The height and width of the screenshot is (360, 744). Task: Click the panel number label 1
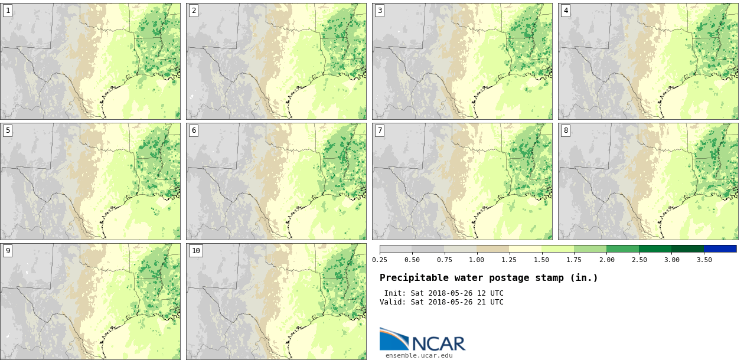coord(8,11)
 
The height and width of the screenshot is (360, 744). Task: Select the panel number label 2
coord(194,11)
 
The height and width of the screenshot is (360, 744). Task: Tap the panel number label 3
coord(380,11)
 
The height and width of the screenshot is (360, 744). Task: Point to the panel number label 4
coord(566,11)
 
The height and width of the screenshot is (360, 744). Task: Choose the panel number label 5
coord(8,130)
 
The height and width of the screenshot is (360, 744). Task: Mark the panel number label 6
coord(194,130)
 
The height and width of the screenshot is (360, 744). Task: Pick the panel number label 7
coord(380,130)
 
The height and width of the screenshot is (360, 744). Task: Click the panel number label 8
coord(566,130)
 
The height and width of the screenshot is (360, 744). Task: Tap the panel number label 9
coord(8,251)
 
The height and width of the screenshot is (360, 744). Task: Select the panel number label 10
coord(196,251)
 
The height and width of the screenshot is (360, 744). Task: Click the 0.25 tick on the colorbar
coord(380,260)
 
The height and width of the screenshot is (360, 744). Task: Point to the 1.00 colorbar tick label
coord(477,260)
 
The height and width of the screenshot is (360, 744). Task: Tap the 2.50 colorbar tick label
coord(639,260)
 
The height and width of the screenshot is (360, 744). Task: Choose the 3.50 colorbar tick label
coord(704,260)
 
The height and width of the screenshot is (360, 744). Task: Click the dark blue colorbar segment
coord(720,249)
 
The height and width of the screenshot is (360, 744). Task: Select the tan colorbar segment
coord(492,249)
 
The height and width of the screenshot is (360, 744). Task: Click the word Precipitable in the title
coord(412,278)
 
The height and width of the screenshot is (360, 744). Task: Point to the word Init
coord(395,293)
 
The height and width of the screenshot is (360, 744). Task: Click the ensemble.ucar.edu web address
coord(419,355)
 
